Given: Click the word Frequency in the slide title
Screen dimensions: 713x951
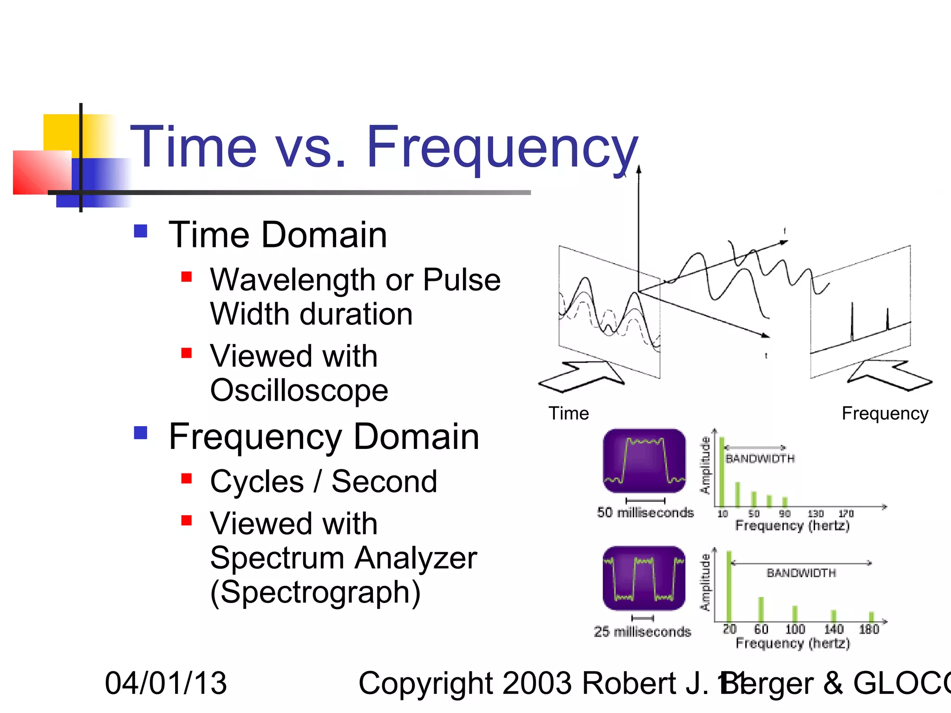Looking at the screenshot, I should [502, 148].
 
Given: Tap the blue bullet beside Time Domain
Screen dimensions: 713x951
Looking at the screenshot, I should [140, 231].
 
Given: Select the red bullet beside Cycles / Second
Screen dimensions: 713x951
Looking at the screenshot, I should [187, 479].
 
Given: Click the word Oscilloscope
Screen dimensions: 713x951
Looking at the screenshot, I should [299, 390].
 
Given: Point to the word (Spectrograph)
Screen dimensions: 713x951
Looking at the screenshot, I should [315, 592].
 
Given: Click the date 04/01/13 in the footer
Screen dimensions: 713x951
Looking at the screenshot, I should [166, 683].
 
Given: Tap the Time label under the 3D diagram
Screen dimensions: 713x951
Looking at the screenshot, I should [568, 413].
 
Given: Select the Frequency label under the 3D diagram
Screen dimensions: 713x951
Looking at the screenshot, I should [885, 413].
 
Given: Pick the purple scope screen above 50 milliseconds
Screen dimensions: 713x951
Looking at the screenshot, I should [644, 460].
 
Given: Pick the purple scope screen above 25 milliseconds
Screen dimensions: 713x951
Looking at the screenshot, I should [644, 578].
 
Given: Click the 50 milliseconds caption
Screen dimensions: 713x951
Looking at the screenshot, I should [645, 512].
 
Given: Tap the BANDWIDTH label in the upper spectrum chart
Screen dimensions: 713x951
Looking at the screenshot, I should [760, 459].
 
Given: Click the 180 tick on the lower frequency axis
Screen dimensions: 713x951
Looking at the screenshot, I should [869, 629].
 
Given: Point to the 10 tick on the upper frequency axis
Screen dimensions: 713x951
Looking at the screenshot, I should [723, 514].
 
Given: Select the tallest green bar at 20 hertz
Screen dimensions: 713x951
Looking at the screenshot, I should [729, 586].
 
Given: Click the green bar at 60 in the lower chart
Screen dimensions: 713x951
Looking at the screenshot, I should [761, 609].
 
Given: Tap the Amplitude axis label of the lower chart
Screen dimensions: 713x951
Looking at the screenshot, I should [705, 583].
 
